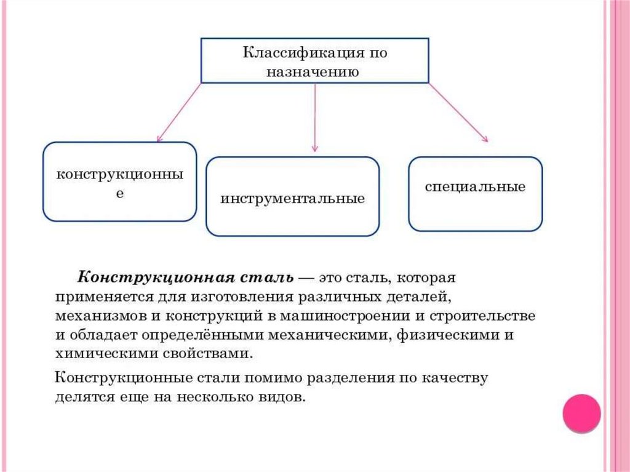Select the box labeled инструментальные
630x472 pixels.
pyautogui.click(x=292, y=196)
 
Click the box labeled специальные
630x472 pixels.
pyautogui.click(x=475, y=193)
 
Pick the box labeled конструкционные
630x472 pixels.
pyautogui.click(x=120, y=182)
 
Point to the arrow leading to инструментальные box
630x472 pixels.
pyautogui.click(x=315, y=117)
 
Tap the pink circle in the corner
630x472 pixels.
pyautogui.click(x=581, y=413)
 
